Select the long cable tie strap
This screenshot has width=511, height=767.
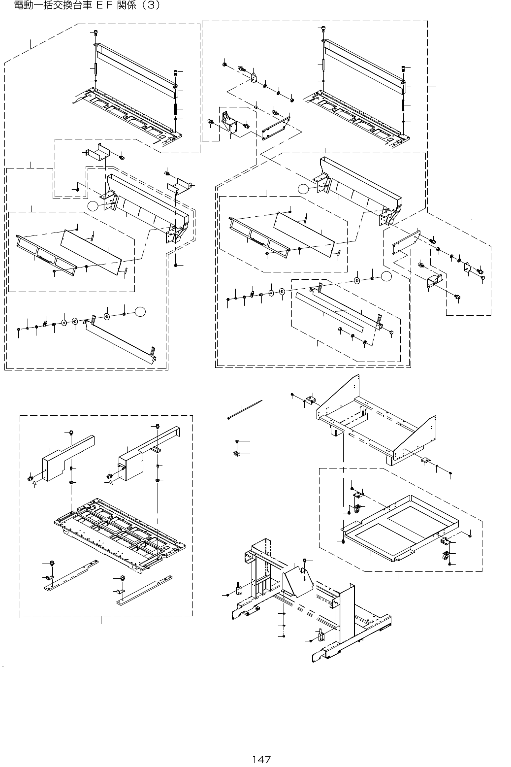245,410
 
